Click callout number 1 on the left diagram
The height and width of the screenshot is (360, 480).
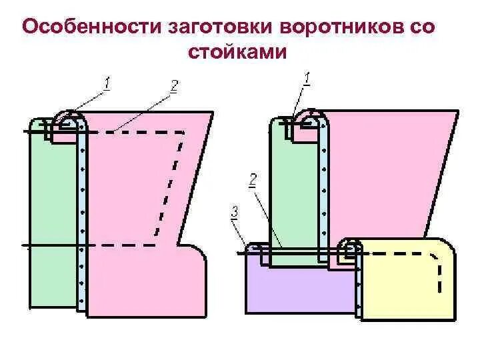(107, 83)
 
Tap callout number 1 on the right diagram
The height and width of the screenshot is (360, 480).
(307, 79)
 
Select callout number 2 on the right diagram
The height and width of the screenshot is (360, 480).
(253, 179)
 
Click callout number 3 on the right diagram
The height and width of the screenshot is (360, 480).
(234, 212)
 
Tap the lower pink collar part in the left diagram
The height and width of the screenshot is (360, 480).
(147, 280)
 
